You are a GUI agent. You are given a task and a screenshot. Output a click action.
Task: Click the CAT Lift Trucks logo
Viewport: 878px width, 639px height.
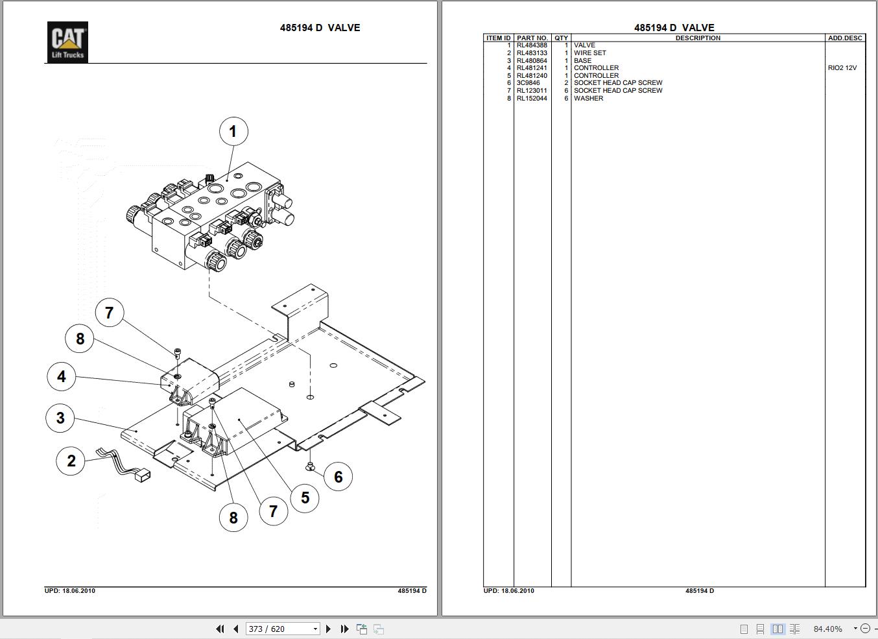pos(67,42)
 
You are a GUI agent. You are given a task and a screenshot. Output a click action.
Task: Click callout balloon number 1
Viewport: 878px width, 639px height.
pos(233,132)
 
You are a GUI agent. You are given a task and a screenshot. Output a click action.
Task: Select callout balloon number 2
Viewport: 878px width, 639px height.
pos(71,461)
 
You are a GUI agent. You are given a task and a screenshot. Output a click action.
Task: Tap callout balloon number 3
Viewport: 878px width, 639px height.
pos(60,417)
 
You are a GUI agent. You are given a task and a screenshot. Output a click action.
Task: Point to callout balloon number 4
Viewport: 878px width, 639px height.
pos(62,376)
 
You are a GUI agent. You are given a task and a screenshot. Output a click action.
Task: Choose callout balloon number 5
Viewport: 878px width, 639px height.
pos(305,498)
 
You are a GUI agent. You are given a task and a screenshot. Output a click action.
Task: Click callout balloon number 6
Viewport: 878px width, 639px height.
pos(338,477)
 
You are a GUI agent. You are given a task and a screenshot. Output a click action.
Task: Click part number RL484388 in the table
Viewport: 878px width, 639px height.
pos(532,45)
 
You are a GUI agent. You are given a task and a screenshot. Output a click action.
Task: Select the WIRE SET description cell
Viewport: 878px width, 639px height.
pos(590,53)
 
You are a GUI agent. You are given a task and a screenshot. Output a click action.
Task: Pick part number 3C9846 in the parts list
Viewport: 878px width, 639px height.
pos(528,83)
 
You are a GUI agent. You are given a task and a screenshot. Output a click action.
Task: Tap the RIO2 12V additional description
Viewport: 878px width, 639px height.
pos(842,68)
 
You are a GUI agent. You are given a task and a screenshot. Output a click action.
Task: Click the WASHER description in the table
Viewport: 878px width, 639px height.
pos(588,99)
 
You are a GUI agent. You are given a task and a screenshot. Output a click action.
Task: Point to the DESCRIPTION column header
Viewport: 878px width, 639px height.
pos(698,38)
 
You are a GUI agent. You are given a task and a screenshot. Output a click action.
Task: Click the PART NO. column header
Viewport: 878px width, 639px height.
pos(532,38)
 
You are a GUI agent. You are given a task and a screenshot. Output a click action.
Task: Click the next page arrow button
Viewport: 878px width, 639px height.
pos(328,629)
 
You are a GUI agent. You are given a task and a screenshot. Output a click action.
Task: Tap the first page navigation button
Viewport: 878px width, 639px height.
pos(220,629)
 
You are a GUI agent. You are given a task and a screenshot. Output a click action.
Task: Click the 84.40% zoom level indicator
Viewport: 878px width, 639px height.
pos(828,629)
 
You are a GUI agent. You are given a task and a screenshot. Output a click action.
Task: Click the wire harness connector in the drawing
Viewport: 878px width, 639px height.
pos(142,476)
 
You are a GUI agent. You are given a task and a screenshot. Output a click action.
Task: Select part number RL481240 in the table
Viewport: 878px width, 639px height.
pos(532,76)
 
